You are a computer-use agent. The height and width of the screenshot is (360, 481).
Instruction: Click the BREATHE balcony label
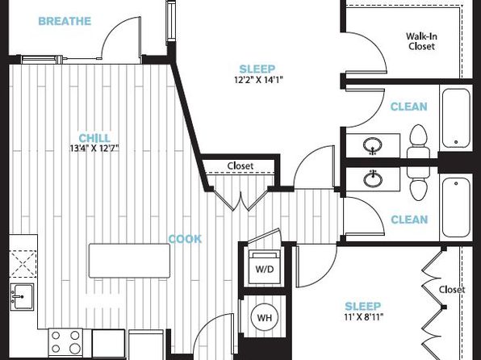coord(65,21)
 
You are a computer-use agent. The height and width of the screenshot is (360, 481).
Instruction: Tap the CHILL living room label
coord(94,138)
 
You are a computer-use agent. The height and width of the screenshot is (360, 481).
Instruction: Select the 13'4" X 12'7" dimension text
coord(94,149)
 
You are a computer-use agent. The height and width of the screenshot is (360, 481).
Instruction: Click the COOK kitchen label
coord(186,239)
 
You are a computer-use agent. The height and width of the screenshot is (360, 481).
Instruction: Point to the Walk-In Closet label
coord(421,41)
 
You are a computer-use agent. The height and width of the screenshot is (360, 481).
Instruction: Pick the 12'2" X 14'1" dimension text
coord(258,80)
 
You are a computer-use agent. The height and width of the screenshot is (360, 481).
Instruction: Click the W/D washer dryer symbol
coord(265,267)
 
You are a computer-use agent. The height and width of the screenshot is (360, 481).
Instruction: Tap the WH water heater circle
coord(265,317)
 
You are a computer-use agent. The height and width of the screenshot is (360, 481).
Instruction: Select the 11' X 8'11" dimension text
coord(364,316)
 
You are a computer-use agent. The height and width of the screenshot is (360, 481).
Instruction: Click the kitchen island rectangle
coord(129,261)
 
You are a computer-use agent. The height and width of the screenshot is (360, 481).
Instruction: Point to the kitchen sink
coord(22,297)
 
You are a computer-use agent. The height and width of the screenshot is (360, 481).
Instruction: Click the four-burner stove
coord(65,342)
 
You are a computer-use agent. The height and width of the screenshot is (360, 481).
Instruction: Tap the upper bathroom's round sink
coord(373,145)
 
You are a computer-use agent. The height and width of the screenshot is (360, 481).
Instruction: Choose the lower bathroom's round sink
coord(373,178)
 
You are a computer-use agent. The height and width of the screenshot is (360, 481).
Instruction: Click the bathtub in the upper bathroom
coord(456,118)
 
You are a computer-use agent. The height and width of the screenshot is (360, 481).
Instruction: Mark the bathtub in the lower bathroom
coord(456,207)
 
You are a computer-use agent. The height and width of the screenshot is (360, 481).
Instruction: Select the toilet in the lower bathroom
coord(418,183)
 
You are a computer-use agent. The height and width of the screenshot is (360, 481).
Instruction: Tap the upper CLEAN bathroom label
coord(409,107)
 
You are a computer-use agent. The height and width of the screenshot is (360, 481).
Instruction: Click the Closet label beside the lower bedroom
coord(452,290)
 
